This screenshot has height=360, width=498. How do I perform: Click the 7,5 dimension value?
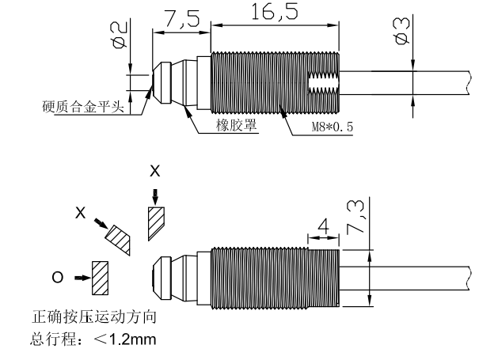(182, 19)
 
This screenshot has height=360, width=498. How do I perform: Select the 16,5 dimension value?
(275, 12)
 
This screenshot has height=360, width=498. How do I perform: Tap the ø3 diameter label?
(401, 31)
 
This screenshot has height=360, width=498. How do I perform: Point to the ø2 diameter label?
(119, 35)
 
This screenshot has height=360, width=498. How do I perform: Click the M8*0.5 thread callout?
(333, 127)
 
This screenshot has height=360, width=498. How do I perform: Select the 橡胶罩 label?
(236, 125)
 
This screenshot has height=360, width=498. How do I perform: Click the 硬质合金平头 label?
(82, 106)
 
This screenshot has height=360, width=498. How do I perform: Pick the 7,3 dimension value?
(356, 218)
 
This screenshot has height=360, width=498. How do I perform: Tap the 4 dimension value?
(324, 226)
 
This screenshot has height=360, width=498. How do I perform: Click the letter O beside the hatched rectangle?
(58, 278)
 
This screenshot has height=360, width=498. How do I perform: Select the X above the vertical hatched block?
(155, 171)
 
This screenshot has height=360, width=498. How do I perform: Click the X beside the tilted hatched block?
(80, 212)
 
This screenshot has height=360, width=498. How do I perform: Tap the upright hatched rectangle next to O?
(100, 278)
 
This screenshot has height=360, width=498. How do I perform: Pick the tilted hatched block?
(118, 240)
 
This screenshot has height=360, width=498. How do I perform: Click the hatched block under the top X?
(156, 223)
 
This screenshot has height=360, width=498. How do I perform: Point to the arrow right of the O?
(82, 278)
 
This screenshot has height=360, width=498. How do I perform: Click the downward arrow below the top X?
(155, 197)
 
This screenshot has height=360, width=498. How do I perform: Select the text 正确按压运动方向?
(94, 317)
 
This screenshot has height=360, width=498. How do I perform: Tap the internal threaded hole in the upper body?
(324, 83)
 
